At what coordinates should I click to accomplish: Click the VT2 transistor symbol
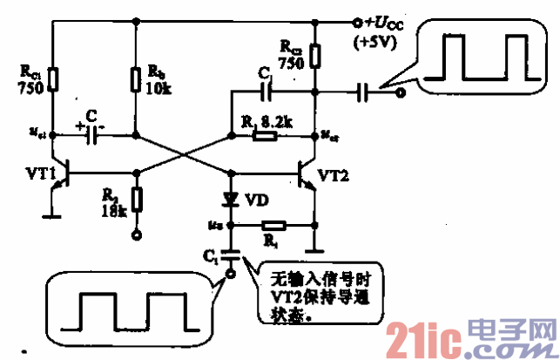point(307,175)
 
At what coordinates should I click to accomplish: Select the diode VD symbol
point(231,199)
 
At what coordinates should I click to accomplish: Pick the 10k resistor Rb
point(136,80)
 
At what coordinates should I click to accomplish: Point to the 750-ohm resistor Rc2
point(314,56)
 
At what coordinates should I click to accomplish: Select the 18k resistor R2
point(136,198)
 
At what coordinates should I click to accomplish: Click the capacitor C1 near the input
point(231,255)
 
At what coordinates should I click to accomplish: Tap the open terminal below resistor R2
point(136,235)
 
